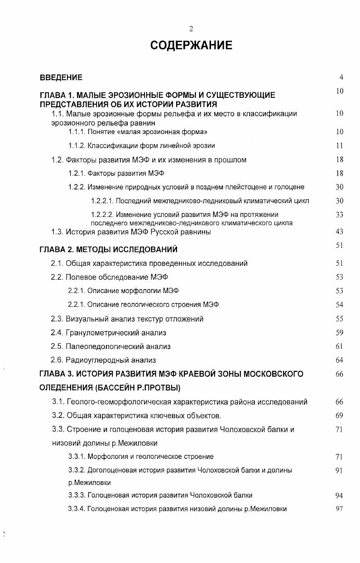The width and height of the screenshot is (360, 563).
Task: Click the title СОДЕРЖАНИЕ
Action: point(191,46)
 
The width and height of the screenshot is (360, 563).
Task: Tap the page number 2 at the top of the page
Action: point(191,29)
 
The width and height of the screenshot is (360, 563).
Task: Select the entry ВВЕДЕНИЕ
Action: point(61,77)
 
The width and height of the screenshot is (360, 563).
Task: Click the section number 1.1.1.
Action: point(77,132)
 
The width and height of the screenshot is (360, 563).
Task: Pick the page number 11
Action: point(340,146)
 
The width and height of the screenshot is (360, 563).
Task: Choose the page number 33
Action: point(340,215)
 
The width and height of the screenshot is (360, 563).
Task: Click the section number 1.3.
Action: point(57,232)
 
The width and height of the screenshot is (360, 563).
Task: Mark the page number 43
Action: point(340,232)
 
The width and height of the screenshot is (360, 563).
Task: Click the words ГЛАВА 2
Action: point(55,250)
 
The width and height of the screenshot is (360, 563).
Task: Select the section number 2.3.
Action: point(57,319)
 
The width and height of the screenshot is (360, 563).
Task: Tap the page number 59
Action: point(340,332)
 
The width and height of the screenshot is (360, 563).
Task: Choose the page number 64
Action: point(340,360)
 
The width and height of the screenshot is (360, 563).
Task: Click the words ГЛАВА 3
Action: point(55,374)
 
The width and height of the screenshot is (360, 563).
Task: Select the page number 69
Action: point(340,415)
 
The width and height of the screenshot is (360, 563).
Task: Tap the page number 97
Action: point(340,509)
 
